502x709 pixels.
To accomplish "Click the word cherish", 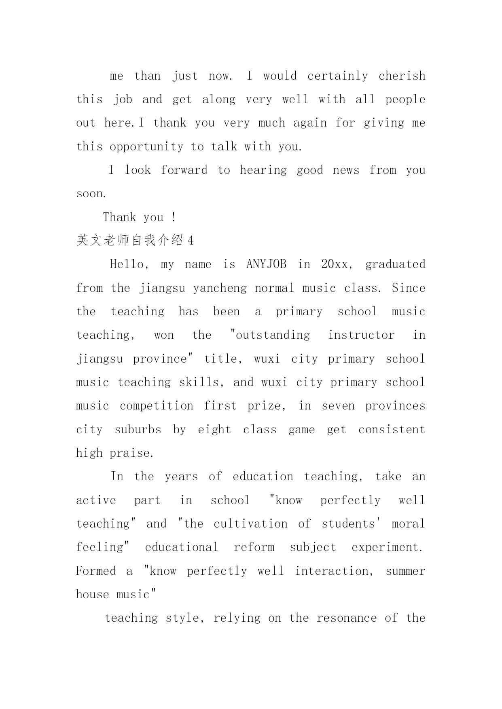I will tap(402, 76).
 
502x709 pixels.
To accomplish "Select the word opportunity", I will tap(146, 147).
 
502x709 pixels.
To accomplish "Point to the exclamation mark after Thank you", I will tap(174, 217).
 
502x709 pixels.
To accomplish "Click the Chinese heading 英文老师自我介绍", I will tap(129, 241).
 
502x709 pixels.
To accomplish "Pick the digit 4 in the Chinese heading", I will tap(191, 241).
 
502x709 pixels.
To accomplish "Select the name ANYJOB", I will tap(266, 264).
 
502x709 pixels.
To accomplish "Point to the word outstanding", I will tap(273, 335).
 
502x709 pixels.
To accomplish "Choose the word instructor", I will tap(361, 335).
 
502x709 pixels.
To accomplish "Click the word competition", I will tap(157, 406).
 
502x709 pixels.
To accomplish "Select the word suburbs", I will tap(138, 430).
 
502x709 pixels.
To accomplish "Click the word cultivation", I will tap(250, 524).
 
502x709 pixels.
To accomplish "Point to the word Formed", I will tap(96, 571).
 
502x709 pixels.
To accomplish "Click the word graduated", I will tap(395, 264).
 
